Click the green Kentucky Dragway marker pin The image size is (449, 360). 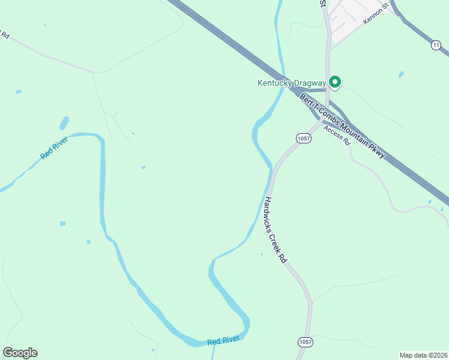click(x=335, y=82)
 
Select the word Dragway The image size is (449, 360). click(x=309, y=83)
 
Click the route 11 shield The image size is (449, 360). click(x=436, y=46)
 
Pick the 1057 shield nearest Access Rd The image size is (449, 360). click(x=303, y=139)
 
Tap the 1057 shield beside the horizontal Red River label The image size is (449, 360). click(x=304, y=341)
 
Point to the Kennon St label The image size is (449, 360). click(x=377, y=13)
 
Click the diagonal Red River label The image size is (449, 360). click(x=54, y=148)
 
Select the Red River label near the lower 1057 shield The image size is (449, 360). click(x=223, y=341)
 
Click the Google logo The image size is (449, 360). click(x=20, y=353)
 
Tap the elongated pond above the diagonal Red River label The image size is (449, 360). click(x=64, y=124)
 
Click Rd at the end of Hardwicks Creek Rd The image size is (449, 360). click(x=282, y=258)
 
